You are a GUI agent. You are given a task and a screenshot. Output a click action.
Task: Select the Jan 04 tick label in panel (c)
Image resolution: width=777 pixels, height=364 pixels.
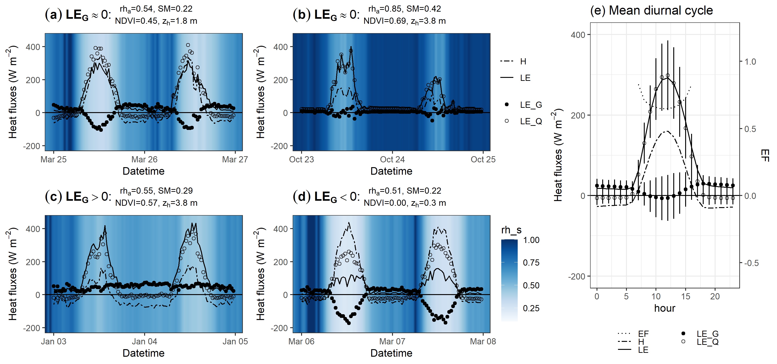point(144,341)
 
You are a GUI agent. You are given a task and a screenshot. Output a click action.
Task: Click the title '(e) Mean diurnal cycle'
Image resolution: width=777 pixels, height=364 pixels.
point(652,11)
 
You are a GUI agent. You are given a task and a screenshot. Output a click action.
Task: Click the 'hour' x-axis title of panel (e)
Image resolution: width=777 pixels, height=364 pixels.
point(665,308)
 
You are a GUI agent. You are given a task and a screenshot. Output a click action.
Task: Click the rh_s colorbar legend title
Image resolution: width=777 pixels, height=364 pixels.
point(511,230)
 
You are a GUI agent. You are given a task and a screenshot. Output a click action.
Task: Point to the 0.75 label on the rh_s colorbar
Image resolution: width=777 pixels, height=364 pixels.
point(531,263)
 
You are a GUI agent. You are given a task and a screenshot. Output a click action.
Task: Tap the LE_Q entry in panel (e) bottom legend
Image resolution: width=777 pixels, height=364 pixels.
point(707,342)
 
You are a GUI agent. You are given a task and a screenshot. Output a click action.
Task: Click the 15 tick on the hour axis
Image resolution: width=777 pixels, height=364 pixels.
point(685,296)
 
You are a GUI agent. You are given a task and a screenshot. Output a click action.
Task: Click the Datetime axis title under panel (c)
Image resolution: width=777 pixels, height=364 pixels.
point(143,353)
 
